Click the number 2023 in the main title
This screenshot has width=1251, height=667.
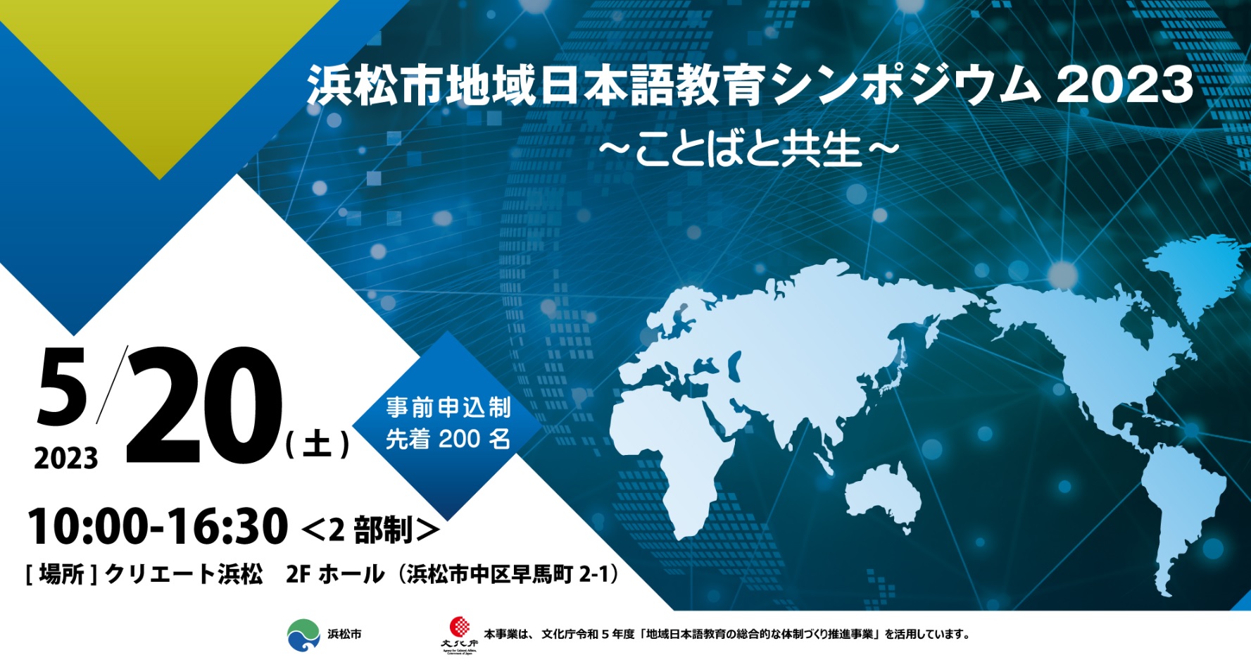pyautogui.click(x=1124, y=85)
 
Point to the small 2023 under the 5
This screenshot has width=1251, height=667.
pyautogui.click(x=66, y=459)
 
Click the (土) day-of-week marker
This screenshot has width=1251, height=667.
pyautogui.click(x=317, y=444)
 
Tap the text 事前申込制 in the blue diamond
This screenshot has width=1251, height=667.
pyautogui.click(x=448, y=407)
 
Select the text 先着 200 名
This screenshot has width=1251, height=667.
pyautogui.click(x=448, y=439)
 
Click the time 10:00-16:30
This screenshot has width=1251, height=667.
pyautogui.click(x=158, y=526)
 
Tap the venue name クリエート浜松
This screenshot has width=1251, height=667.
pyautogui.click(x=184, y=574)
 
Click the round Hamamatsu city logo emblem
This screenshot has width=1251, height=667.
pyautogui.click(x=303, y=635)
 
